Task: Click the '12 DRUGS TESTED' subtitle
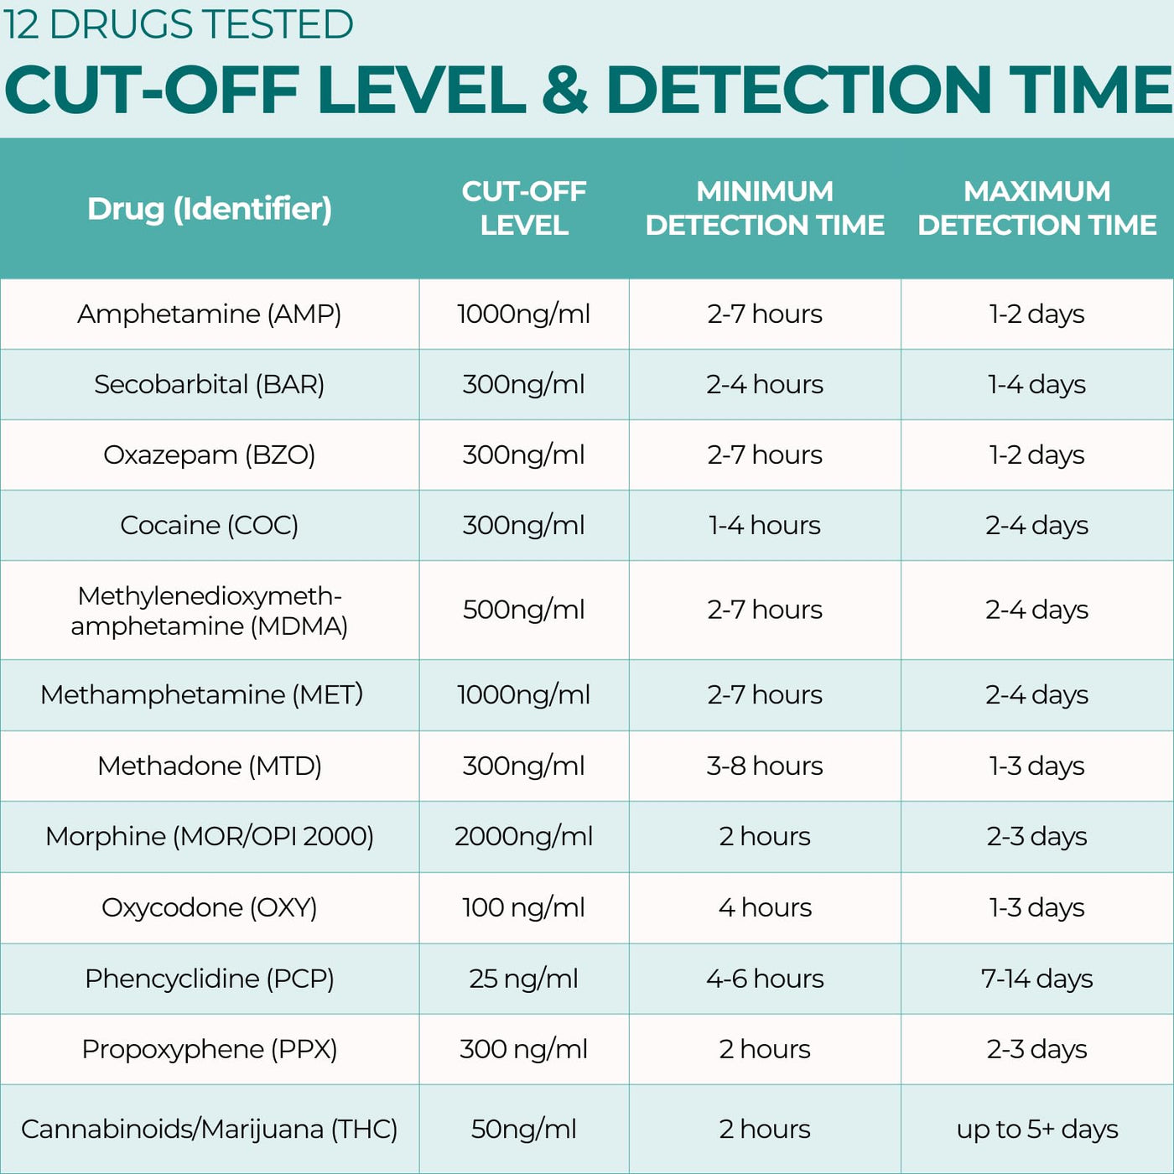(x=178, y=24)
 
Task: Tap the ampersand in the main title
(x=565, y=88)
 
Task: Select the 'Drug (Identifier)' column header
(x=210, y=209)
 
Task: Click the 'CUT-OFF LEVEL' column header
(x=524, y=208)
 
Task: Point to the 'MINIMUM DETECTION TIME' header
(x=765, y=208)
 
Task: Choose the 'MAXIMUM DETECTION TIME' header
(x=1037, y=208)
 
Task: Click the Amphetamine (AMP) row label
(x=209, y=314)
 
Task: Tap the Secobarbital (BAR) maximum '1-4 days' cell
(x=1037, y=384)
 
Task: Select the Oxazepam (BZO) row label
(x=209, y=455)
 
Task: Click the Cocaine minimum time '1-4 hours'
(x=765, y=525)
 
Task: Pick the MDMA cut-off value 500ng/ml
(x=524, y=610)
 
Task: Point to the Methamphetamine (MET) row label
(x=201, y=694)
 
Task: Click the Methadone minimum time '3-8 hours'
(x=765, y=766)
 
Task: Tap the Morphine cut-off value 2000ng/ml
(x=524, y=837)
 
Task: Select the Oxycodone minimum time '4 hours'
(x=765, y=908)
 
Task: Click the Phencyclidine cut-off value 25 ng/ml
(x=524, y=979)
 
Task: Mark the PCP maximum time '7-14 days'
(x=1037, y=979)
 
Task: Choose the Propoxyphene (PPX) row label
(x=209, y=1050)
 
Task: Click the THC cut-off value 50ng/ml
(x=524, y=1130)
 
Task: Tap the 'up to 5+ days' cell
(x=1037, y=1130)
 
